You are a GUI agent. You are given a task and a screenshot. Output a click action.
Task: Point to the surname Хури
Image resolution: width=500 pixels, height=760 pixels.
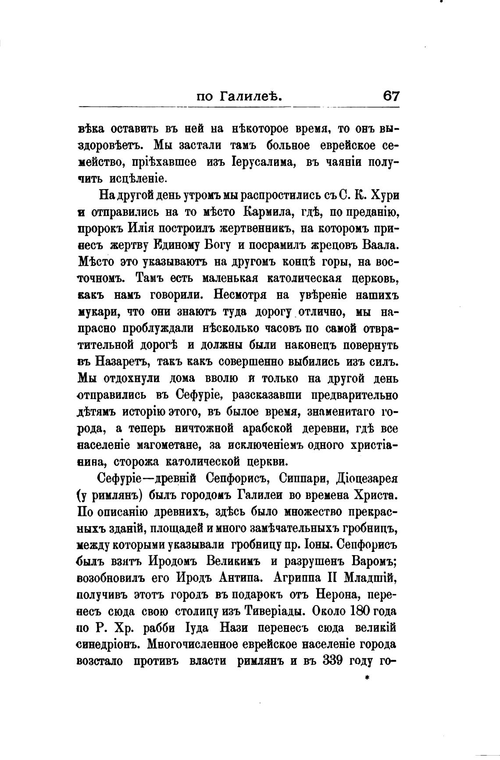pyautogui.click(x=384, y=194)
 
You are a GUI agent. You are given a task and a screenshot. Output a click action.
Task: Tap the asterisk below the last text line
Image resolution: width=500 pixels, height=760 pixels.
pyautogui.click(x=367, y=678)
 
